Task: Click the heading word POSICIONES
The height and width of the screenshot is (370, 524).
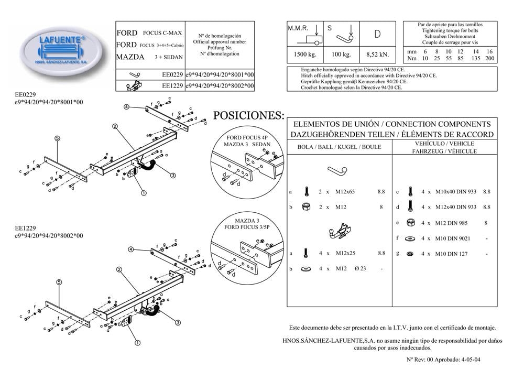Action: tap(249, 115)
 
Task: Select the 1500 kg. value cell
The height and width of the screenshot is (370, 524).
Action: tap(301, 53)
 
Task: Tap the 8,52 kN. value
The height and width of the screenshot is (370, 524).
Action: tap(378, 53)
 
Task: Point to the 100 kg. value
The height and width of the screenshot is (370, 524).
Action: tap(341, 53)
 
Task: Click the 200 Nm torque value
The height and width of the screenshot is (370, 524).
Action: tap(490, 59)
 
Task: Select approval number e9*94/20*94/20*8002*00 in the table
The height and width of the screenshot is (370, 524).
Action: tap(220, 85)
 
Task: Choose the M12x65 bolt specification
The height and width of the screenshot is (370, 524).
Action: tap(344, 192)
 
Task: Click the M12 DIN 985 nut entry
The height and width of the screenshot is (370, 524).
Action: tap(450, 223)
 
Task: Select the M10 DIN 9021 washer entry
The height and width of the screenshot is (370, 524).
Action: tap(451, 238)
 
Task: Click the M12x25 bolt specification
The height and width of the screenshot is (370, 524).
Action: tap(344, 253)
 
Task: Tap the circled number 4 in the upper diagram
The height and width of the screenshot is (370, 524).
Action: tap(126, 107)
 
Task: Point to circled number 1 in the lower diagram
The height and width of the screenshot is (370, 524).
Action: tap(137, 344)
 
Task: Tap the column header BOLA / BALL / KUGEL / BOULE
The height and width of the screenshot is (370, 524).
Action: tap(339, 147)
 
